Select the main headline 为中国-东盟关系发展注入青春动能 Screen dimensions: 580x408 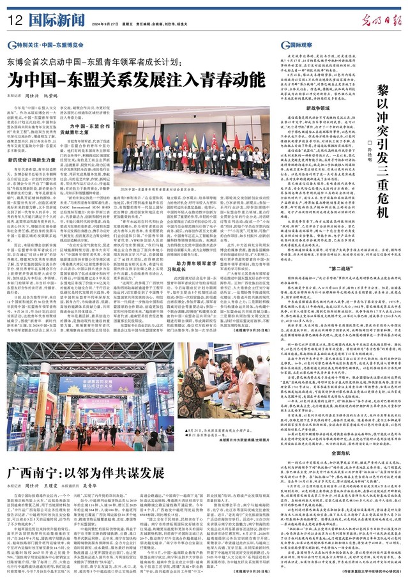(135, 81)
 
